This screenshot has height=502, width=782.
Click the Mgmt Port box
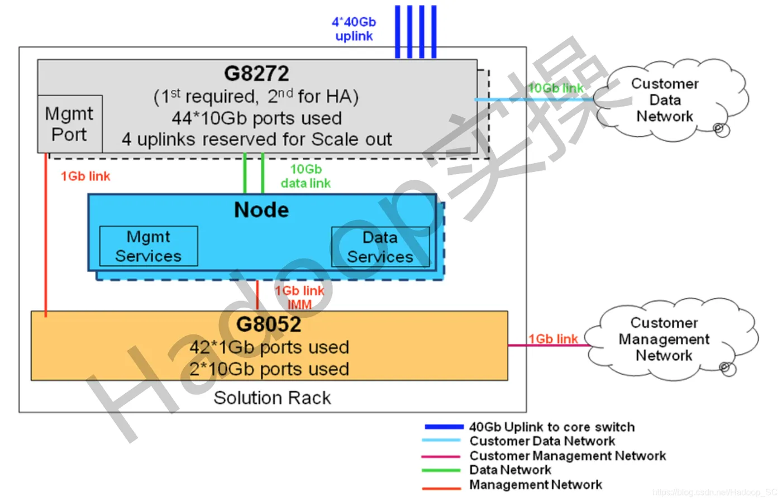69,124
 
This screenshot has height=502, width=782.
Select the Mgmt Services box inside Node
149,246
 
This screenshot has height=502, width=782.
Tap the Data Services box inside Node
380,246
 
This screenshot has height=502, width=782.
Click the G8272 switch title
256,73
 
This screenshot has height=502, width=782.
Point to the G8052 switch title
269,324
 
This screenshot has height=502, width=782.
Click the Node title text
261,210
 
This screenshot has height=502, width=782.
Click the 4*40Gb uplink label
354,29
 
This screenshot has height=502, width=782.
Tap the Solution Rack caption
272,398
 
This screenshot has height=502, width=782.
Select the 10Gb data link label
306,176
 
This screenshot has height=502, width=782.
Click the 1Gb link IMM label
299,297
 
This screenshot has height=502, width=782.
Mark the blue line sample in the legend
444,427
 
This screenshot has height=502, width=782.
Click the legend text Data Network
510,470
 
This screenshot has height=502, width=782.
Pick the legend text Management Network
536,485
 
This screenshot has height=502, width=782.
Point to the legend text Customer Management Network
568,456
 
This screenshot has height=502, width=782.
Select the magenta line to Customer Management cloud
547,346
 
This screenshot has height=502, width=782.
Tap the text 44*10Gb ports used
256,118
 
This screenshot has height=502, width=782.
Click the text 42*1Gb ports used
269,347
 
